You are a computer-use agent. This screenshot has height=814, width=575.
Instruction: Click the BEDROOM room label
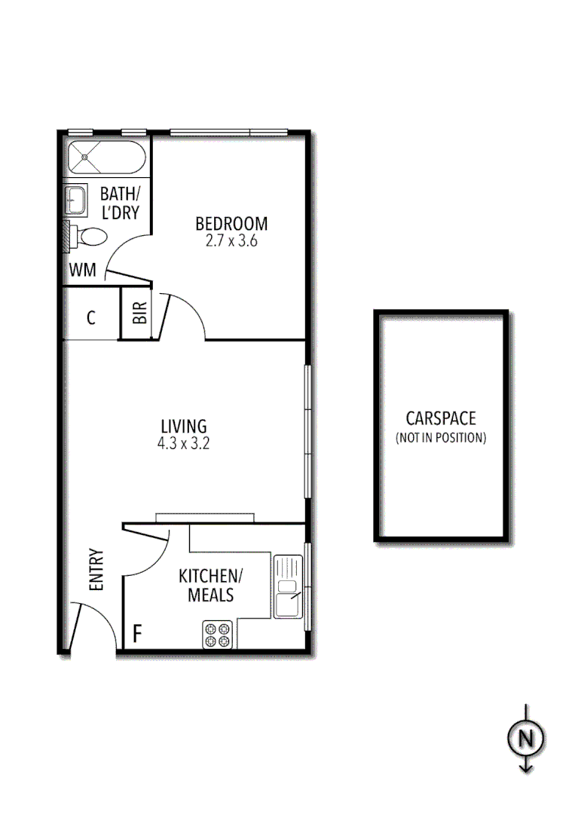(x=231, y=224)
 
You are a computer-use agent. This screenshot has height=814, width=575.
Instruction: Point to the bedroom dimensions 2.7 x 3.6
(x=231, y=242)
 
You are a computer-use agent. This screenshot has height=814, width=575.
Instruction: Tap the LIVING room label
(x=183, y=427)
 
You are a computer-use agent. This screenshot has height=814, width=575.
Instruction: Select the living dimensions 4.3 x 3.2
(x=183, y=444)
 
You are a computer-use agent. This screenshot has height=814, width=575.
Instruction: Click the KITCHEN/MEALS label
(x=211, y=586)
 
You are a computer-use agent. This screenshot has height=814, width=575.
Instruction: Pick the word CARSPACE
(x=441, y=419)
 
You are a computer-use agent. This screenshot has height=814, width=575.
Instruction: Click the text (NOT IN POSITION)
(x=441, y=437)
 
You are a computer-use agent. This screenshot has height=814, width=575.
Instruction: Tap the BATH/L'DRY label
(x=120, y=204)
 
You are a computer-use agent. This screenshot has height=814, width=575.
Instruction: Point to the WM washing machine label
(x=82, y=270)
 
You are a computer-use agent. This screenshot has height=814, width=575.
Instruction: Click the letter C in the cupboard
(x=90, y=318)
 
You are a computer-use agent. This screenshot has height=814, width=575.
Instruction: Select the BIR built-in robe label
(x=140, y=314)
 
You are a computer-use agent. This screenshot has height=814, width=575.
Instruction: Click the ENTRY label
(x=96, y=569)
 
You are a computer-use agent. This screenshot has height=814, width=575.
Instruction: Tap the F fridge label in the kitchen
(x=137, y=633)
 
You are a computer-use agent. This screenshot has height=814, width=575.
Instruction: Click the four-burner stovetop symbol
(x=219, y=634)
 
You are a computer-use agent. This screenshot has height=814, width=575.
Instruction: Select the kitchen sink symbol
(x=287, y=587)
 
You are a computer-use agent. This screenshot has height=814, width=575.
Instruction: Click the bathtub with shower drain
(x=106, y=158)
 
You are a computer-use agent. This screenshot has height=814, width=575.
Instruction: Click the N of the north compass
(x=525, y=739)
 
